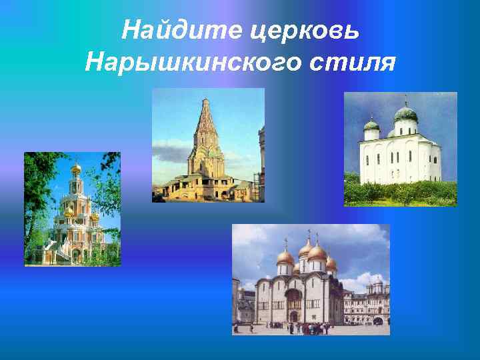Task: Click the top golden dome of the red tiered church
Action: [x=76, y=169]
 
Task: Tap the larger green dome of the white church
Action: [x=405, y=114]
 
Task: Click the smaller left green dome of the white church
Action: [x=371, y=124]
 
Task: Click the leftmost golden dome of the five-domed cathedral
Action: [x=285, y=257]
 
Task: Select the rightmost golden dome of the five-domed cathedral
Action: [x=331, y=263]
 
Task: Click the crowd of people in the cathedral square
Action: [x=307, y=327]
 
